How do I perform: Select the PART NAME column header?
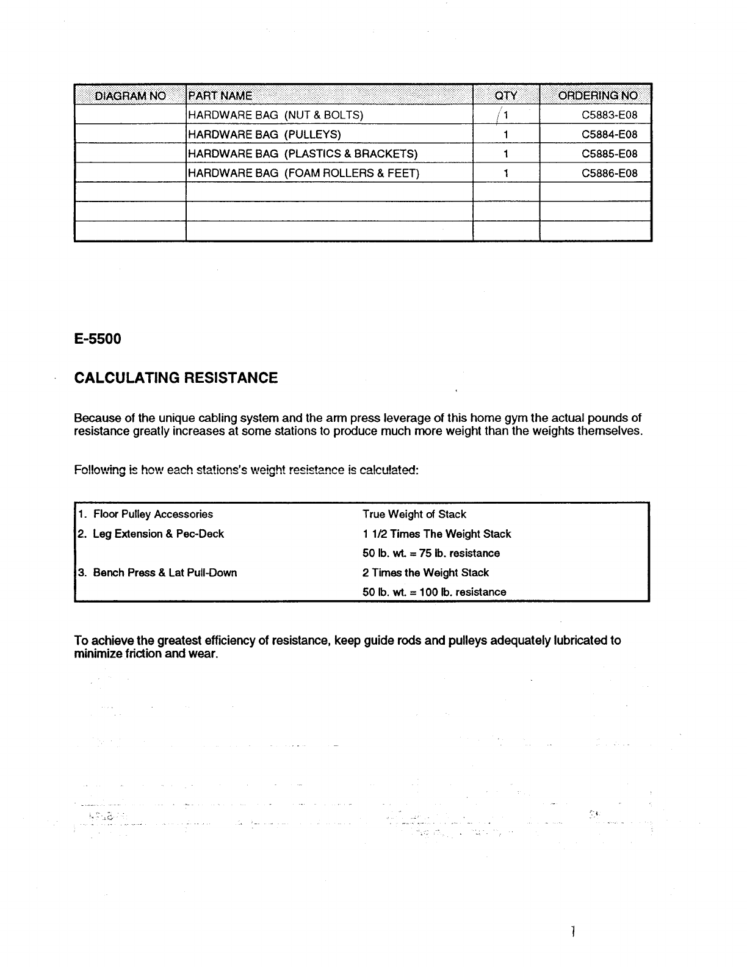[x=220, y=96]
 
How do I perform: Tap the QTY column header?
[x=506, y=96]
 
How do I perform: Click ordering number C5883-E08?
[x=609, y=115]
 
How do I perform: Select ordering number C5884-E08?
[x=609, y=134]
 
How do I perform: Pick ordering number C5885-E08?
[x=609, y=154]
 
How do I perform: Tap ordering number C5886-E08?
[x=609, y=173]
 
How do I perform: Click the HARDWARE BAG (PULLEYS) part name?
[x=264, y=134]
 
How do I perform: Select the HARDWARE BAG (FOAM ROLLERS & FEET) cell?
[x=303, y=173]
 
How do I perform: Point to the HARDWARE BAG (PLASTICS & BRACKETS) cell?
[x=303, y=154]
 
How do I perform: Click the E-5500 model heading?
[x=98, y=339]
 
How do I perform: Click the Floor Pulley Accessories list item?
[x=153, y=514]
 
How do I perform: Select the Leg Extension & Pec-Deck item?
[x=158, y=534]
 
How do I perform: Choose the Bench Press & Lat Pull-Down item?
[x=165, y=573]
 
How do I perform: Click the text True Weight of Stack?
[x=414, y=514]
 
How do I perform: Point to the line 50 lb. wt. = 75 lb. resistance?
[x=431, y=553]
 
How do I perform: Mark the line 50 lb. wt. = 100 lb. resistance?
[x=434, y=592]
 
